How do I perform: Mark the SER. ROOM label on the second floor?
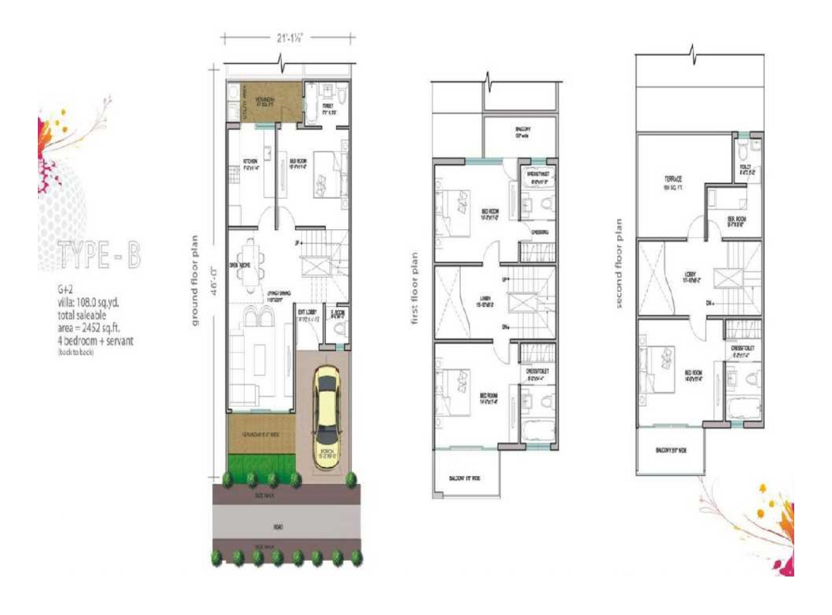(x=737, y=220)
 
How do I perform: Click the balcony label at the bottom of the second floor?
(x=670, y=450)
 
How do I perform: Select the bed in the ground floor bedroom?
(x=324, y=174)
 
